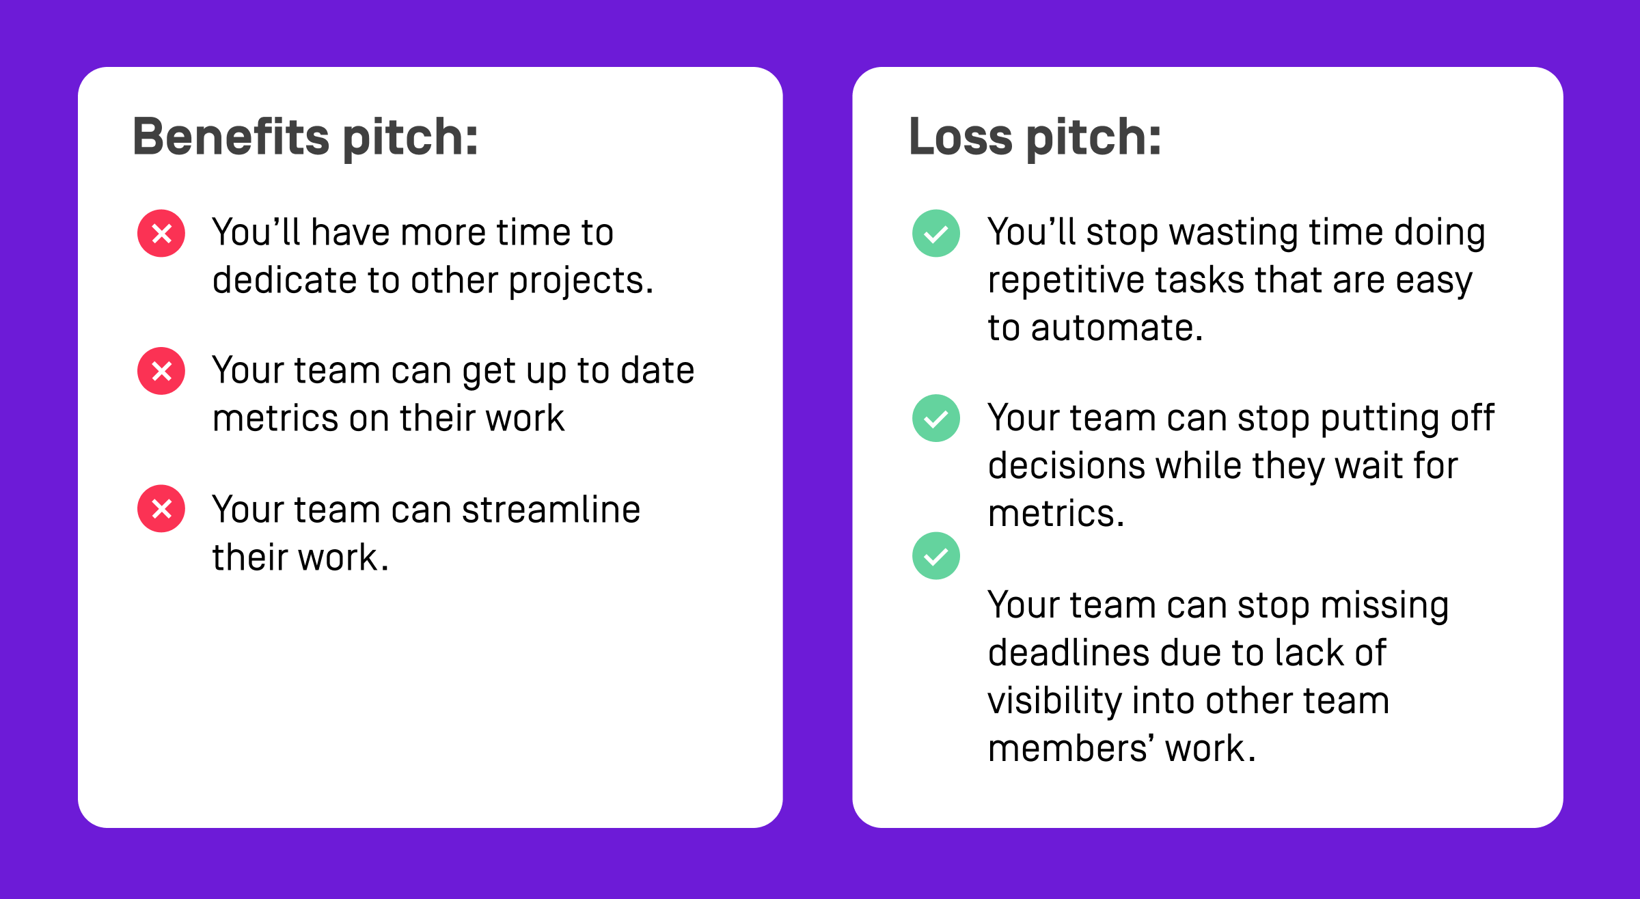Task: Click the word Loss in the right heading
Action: point(960,137)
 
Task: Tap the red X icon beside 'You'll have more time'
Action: point(161,234)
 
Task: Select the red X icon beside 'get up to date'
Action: point(161,371)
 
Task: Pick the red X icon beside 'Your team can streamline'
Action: point(161,509)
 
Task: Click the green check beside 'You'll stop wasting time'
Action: point(936,234)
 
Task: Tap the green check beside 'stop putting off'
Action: point(936,418)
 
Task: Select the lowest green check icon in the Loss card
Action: point(936,556)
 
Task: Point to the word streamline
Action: point(551,510)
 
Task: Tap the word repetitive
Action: point(1066,281)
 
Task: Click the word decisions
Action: point(1066,467)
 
